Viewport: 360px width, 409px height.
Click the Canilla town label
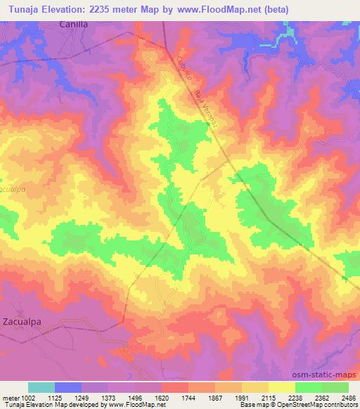75,24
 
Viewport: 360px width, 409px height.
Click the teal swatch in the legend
41,387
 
